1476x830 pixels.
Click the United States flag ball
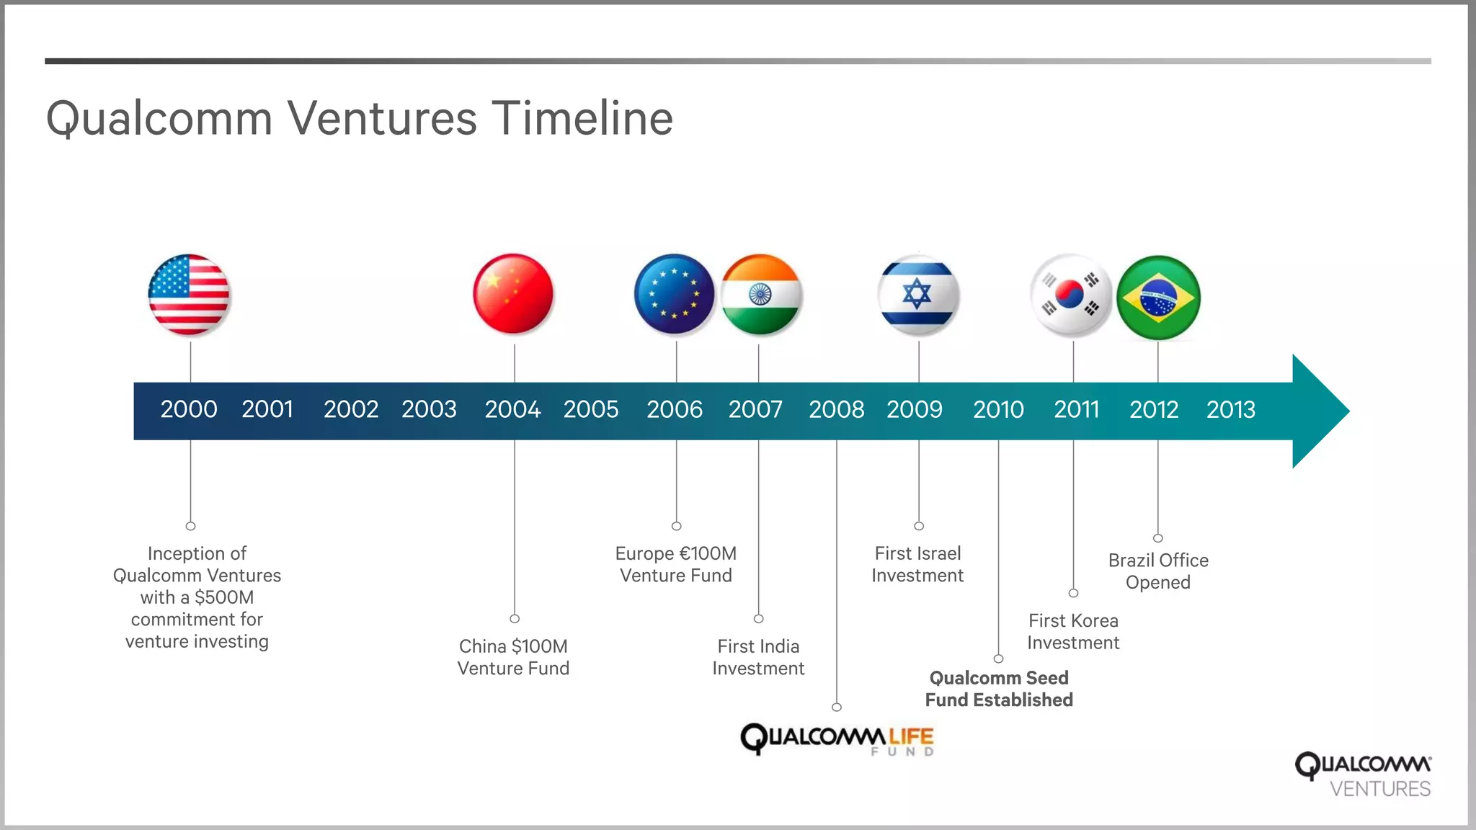(x=189, y=295)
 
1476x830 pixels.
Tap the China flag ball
(x=513, y=294)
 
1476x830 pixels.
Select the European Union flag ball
(x=675, y=294)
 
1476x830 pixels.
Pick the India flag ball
(x=761, y=295)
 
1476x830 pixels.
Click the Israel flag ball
(x=918, y=295)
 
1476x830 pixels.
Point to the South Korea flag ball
(x=1071, y=295)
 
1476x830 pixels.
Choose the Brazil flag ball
(x=1158, y=298)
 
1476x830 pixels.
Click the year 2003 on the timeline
(x=429, y=409)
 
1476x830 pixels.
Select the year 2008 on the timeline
(x=836, y=409)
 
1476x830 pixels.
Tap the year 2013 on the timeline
(x=1231, y=409)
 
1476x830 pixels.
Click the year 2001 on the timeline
(x=267, y=409)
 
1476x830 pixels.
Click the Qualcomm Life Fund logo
(x=837, y=738)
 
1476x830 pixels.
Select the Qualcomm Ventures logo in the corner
(x=1364, y=775)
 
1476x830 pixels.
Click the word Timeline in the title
(x=582, y=118)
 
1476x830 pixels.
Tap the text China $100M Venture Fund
(x=513, y=657)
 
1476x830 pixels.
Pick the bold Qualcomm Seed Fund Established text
(x=999, y=689)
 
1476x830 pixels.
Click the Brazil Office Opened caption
(x=1158, y=571)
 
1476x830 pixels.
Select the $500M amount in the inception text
(x=223, y=597)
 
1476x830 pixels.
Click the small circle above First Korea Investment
(x=1073, y=593)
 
